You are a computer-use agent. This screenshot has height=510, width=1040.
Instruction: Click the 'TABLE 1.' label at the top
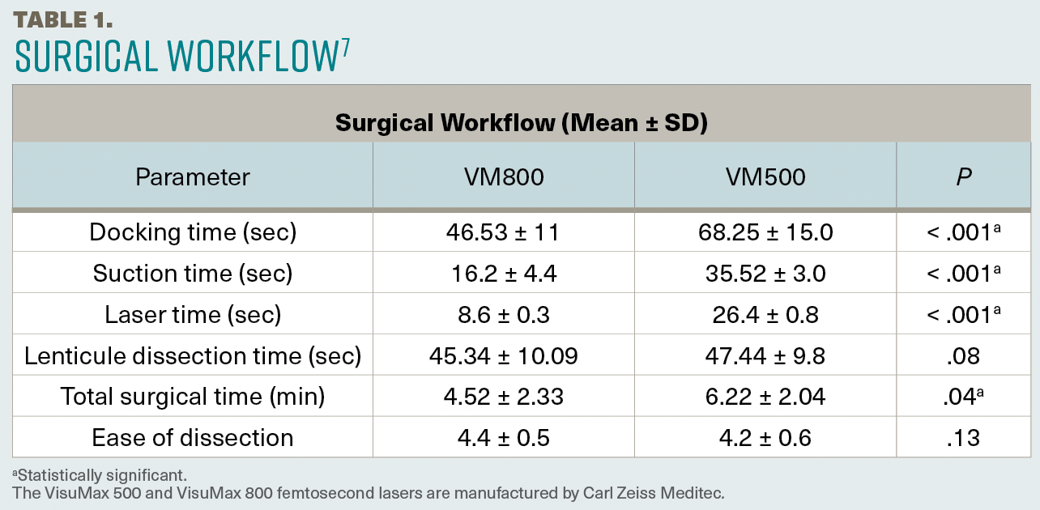point(62,19)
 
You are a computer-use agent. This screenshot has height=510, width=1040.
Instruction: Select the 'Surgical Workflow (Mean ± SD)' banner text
point(521,123)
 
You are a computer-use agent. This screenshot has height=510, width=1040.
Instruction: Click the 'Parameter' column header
point(193,176)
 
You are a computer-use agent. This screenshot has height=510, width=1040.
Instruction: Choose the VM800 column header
point(503,176)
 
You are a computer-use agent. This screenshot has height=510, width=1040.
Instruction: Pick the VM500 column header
point(765,176)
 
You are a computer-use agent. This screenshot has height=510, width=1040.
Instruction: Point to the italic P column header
point(963,176)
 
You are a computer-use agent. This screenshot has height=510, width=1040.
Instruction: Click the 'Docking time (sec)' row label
point(193,232)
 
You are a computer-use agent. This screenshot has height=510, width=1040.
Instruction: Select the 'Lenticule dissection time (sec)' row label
point(193,355)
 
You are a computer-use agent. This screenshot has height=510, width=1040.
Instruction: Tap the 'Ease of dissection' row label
point(193,438)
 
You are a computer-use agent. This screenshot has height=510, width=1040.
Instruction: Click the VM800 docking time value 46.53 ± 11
point(503,232)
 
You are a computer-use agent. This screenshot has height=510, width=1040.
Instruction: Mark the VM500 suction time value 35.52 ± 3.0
point(765,274)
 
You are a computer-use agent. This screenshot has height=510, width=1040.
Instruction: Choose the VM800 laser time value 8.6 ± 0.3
point(503,315)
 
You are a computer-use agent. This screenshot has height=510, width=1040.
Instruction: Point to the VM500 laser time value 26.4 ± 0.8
point(765,315)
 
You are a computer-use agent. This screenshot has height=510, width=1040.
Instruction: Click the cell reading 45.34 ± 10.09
point(503,355)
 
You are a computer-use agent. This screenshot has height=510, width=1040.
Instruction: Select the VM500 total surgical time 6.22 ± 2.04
point(765,397)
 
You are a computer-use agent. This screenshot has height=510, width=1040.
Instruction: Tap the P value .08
point(963,355)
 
